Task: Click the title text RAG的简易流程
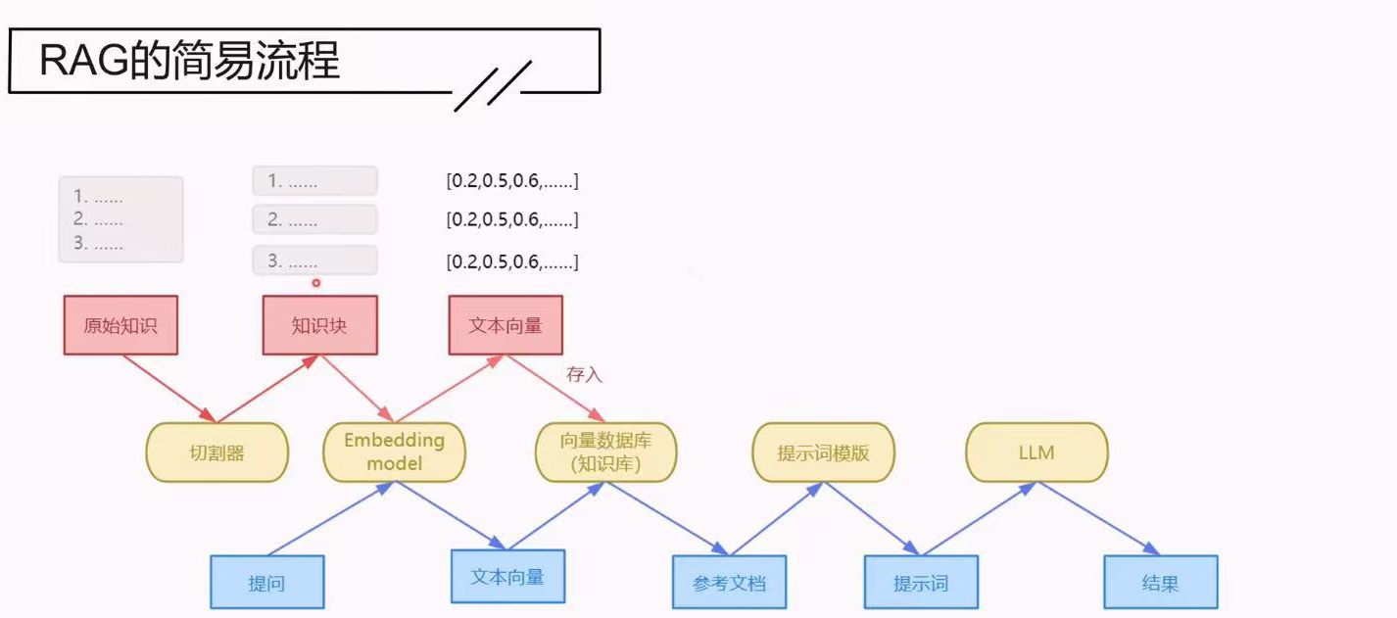click(189, 62)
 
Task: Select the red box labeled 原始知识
click(120, 325)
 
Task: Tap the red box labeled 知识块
click(319, 325)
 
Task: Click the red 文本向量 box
click(506, 325)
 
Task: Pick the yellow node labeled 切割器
click(217, 452)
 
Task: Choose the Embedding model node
click(394, 452)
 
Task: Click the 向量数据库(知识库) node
click(605, 452)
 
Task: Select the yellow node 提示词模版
click(823, 452)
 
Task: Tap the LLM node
click(1036, 452)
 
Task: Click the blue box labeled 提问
click(266, 583)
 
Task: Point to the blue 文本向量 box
click(507, 577)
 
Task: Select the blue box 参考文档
click(729, 583)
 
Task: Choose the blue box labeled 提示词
click(921, 583)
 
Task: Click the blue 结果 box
click(1160, 583)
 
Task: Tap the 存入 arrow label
click(584, 374)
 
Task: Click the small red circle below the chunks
click(316, 283)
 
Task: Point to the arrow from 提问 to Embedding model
click(328, 520)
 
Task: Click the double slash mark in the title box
click(493, 85)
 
